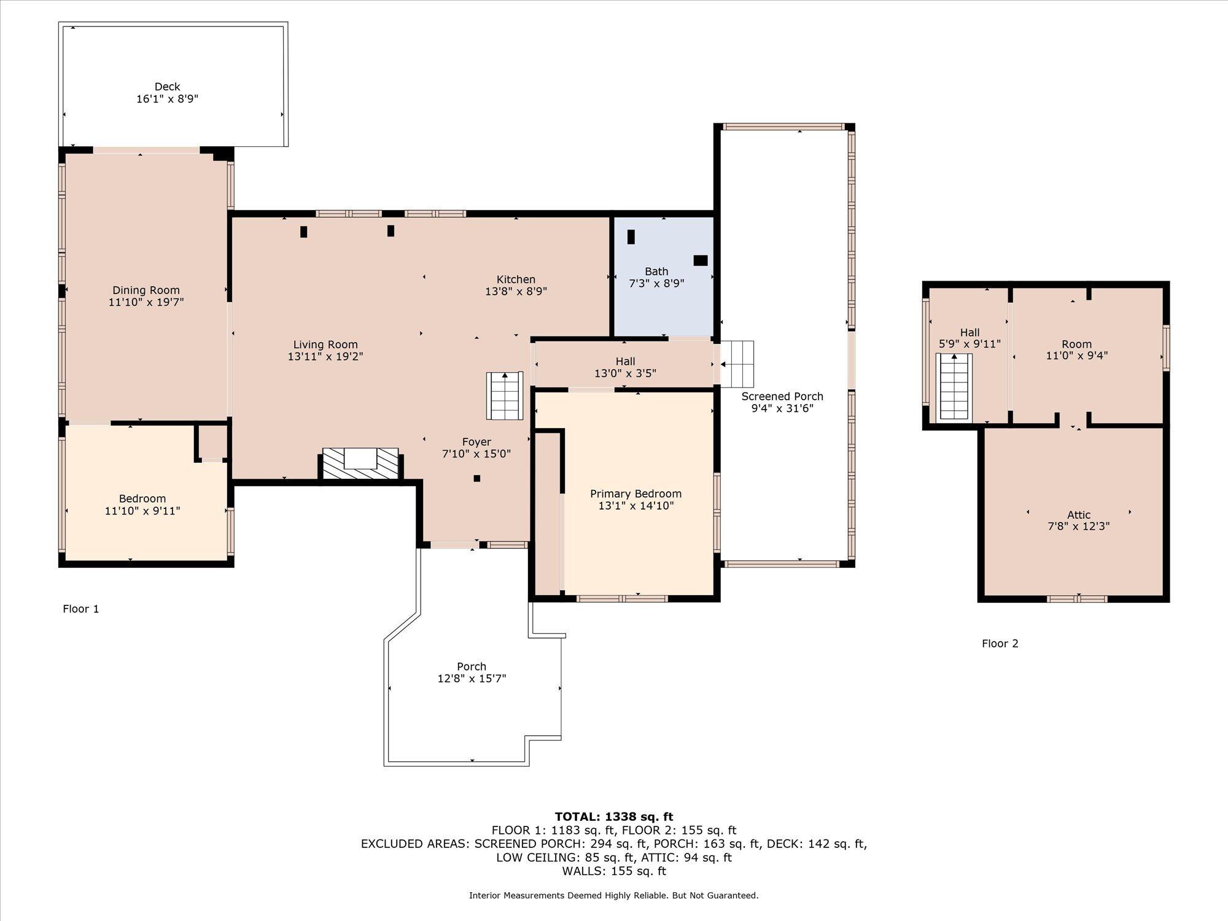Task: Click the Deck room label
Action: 167,87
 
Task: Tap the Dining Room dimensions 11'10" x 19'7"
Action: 146,302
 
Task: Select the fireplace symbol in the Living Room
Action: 361,464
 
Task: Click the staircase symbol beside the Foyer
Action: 505,396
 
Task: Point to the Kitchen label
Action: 516,279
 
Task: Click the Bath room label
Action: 656,271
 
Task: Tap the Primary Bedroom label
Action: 635,494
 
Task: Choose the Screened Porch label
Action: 782,397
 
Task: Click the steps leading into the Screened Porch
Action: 737,364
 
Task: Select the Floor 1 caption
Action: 80,608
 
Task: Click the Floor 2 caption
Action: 1000,643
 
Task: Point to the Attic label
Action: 1079,515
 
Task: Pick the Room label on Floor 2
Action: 1077,344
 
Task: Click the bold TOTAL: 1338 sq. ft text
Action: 614,817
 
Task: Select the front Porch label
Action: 472,667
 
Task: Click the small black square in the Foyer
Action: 476,478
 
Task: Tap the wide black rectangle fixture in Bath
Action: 701,260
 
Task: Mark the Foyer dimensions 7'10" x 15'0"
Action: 476,454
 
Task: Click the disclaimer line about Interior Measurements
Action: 614,896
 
